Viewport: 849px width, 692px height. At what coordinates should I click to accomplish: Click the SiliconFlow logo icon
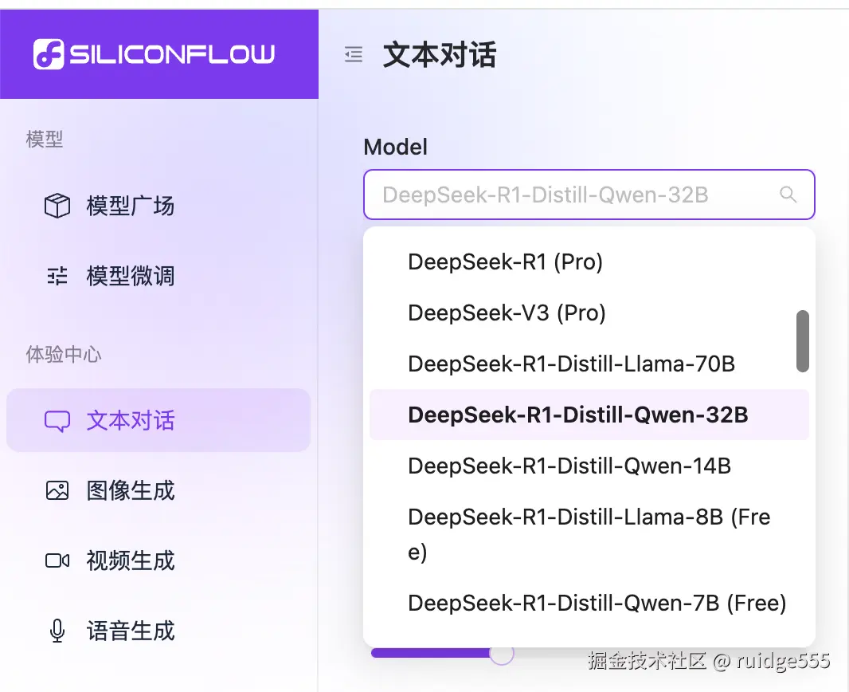(48, 54)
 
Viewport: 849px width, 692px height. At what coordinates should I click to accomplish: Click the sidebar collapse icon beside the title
(353, 54)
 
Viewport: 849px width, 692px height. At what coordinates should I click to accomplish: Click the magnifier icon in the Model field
(788, 195)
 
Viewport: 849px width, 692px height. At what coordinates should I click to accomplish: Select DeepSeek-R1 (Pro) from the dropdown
(505, 261)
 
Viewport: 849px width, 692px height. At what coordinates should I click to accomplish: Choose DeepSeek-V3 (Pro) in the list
(507, 313)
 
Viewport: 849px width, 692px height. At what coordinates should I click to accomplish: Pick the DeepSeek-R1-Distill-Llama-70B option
(571, 364)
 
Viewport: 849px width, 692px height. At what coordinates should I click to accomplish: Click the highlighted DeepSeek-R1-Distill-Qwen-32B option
(577, 415)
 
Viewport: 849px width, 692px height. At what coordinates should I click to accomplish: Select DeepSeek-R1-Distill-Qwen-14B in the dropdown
(569, 466)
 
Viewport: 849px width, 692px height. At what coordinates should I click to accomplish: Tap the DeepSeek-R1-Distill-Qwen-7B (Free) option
(597, 604)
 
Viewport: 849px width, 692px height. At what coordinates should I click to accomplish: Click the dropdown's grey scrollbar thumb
(803, 341)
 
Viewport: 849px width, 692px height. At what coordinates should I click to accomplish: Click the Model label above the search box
(395, 147)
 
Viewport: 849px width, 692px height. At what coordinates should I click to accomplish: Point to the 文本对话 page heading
(440, 55)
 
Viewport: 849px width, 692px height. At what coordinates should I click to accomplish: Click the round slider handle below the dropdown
(502, 653)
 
